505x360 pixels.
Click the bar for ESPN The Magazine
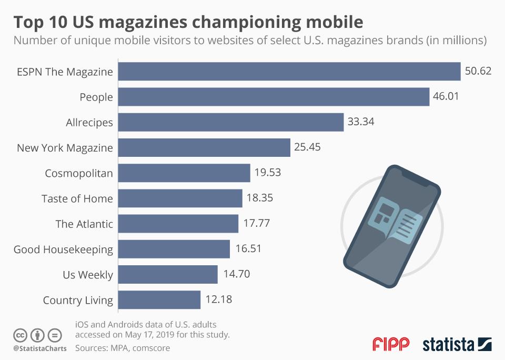289,72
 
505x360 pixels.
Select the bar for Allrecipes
231,122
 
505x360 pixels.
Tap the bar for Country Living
159,300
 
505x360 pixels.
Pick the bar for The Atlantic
178,224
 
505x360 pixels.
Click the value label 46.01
448,97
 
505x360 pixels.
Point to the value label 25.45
308,147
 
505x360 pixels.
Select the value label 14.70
235,274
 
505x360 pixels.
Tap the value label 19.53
267,173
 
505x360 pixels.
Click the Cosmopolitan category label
79,173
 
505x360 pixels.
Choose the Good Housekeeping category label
63,249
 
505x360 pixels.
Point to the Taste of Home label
77,198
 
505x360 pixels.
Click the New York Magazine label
65,148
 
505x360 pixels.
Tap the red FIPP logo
391,345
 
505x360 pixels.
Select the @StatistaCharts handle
40,348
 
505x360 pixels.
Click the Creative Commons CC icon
21,335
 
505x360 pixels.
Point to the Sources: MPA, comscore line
123,348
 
